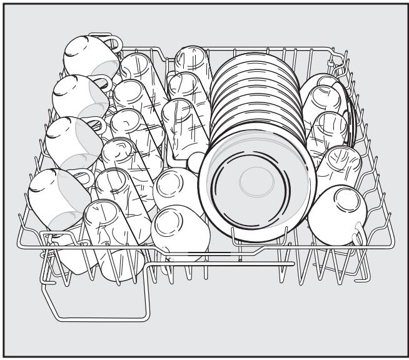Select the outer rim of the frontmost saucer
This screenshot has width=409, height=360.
point(206,187)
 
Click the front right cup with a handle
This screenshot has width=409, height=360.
point(338,212)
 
